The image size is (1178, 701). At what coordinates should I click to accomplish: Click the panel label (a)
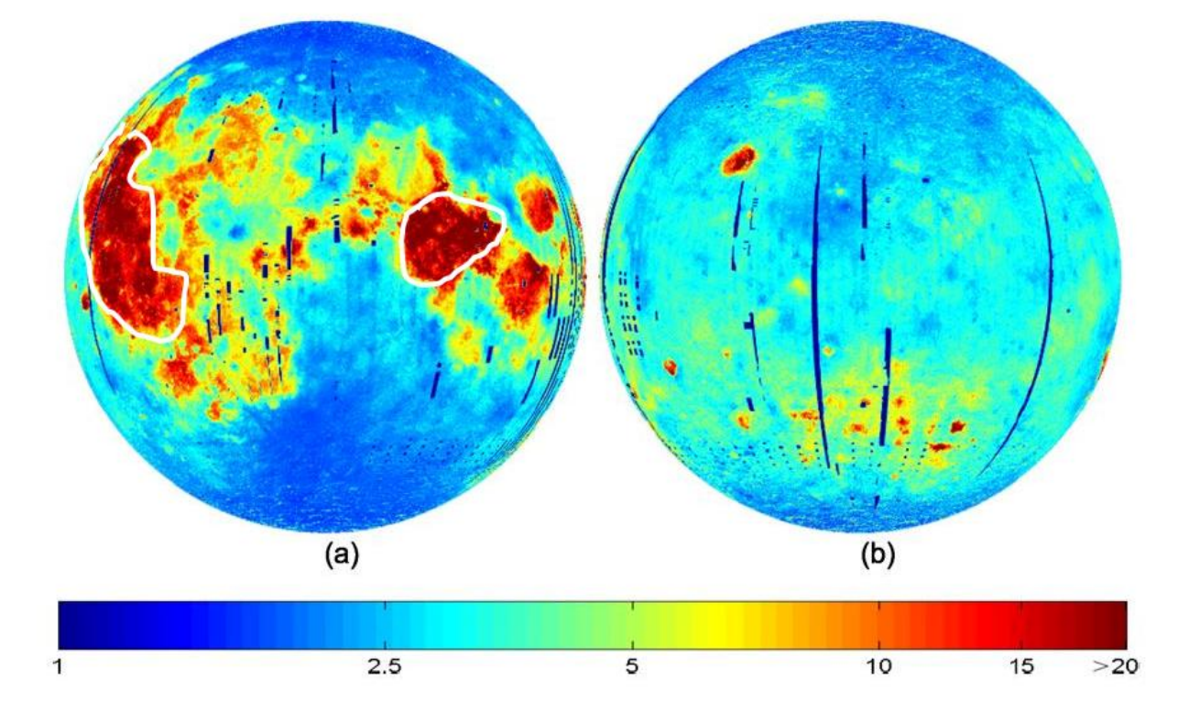pyautogui.click(x=346, y=555)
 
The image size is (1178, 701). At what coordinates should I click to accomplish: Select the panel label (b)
pyautogui.click(x=879, y=555)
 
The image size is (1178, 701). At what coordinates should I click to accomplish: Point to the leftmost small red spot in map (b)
pyautogui.click(x=670, y=367)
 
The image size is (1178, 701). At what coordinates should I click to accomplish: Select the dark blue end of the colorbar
pyautogui.click(x=69, y=625)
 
